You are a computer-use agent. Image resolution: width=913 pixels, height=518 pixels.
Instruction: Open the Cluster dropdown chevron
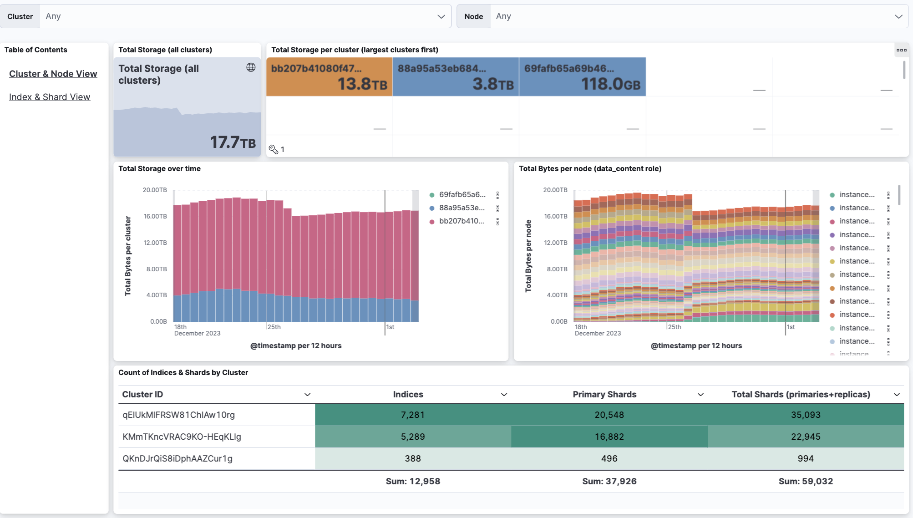click(441, 16)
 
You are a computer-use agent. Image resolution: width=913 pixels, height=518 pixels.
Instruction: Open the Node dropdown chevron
click(898, 16)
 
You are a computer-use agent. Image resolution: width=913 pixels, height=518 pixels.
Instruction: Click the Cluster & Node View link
click(53, 74)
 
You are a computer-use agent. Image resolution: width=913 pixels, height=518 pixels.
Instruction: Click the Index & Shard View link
click(50, 97)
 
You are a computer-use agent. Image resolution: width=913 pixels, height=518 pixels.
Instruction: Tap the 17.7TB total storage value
click(232, 142)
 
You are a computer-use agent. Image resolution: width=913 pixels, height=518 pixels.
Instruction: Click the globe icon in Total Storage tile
click(251, 67)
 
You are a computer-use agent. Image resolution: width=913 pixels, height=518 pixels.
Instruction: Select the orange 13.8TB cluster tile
click(329, 76)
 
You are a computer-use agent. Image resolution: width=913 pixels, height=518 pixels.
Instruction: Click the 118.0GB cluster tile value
click(610, 84)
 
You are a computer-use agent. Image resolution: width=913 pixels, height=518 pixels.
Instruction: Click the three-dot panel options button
click(901, 50)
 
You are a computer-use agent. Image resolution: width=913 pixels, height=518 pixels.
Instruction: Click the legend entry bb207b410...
click(461, 221)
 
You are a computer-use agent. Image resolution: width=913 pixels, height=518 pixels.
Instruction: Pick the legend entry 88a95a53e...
click(461, 208)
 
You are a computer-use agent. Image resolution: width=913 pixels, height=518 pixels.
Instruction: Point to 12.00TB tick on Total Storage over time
click(155, 243)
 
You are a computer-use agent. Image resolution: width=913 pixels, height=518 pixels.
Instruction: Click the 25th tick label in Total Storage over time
click(274, 327)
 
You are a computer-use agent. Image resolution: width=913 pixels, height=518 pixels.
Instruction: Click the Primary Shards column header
click(604, 395)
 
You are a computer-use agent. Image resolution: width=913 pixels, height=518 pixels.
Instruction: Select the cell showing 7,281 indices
click(412, 415)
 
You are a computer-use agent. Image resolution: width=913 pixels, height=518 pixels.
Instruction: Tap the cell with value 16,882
click(609, 437)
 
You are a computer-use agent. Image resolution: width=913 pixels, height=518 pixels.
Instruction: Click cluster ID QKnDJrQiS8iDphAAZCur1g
click(178, 458)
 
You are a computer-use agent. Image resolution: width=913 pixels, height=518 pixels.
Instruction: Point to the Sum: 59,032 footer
click(805, 481)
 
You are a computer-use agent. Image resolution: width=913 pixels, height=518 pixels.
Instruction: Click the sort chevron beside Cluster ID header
click(307, 395)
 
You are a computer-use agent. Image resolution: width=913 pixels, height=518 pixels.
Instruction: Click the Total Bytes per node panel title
click(590, 168)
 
